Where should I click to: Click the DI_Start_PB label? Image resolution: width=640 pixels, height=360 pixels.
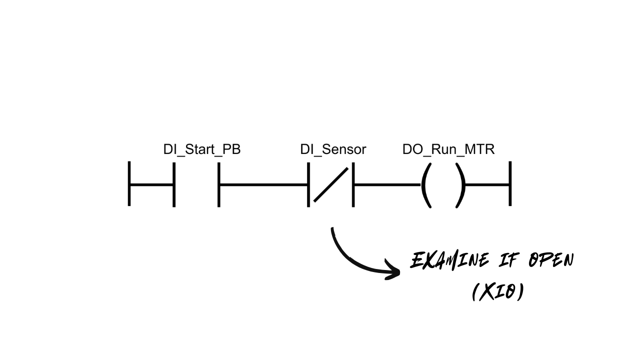(x=201, y=149)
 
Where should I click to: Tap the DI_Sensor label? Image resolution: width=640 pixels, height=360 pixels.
(x=333, y=149)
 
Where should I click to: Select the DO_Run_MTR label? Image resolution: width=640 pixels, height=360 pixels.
(x=448, y=149)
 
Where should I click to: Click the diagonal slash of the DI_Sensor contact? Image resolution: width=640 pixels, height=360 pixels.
(x=330, y=184)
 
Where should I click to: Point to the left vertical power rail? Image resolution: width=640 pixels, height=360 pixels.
(x=129, y=183)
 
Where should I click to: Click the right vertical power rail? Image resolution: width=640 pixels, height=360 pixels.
(x=510, y=183)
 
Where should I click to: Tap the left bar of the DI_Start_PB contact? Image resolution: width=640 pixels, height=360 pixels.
(x=174, y=183)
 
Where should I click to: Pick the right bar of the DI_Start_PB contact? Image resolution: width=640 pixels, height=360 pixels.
(x=219, y=183)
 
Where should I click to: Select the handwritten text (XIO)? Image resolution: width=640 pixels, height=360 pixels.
(x=498, y=291)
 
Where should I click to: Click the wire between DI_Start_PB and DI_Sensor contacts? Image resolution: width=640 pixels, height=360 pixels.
(x=263, y=184)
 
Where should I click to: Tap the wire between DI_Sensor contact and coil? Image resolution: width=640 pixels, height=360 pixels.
(x=386, y=184)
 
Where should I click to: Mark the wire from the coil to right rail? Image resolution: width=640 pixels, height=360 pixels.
(x=487, y=184)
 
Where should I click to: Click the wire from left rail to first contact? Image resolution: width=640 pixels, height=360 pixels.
(x=151, y=184)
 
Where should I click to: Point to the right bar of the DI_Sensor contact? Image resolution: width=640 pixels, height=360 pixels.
(x=353, y=183)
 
